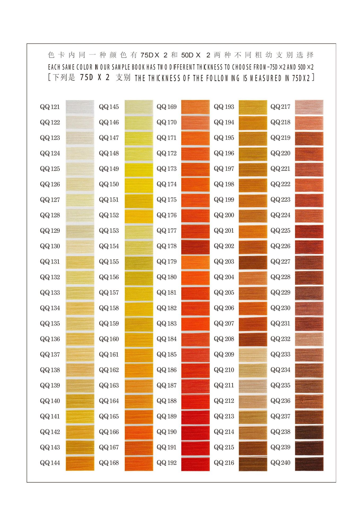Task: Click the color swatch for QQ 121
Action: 80,107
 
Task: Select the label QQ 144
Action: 50,463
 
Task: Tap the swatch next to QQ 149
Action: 139,169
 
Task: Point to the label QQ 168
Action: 109,463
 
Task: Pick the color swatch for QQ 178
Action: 195,247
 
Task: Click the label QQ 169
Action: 167,107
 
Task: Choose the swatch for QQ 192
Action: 195,463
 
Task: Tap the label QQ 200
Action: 224,215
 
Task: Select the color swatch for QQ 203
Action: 253,262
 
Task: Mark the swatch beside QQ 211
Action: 253,386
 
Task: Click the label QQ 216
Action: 224,463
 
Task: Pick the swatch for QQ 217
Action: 309,107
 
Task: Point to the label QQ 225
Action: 280,231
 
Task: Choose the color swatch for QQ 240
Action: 309,463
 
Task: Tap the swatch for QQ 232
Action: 309,339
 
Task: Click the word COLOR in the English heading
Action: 84,67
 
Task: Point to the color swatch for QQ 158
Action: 139,308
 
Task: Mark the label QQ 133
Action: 50,293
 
